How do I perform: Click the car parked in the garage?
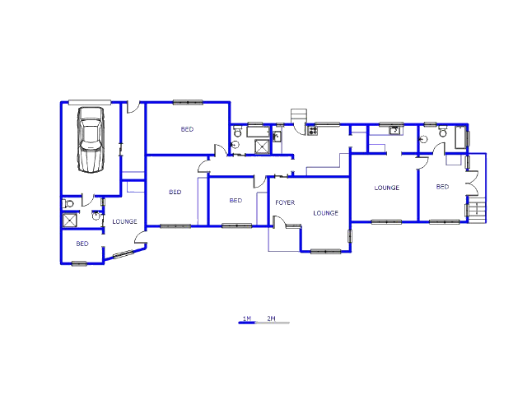91,140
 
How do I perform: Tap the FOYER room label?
285,202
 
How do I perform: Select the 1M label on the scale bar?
247,318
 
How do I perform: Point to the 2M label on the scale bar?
271,318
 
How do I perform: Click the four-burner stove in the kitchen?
313,130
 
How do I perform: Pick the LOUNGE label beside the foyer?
326,213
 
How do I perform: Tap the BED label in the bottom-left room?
82,244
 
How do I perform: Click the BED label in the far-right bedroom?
442,187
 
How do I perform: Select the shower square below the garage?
70,221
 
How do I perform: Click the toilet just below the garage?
68,203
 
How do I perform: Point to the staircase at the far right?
477,210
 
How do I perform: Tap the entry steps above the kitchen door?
299,116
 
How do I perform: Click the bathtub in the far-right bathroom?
460,137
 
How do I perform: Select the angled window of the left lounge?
123,254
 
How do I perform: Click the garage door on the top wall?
90,102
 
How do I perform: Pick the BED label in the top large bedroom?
187,129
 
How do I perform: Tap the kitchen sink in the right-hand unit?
395,130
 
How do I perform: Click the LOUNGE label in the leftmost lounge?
124,221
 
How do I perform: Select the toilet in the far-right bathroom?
443,132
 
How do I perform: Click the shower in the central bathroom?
262,146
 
